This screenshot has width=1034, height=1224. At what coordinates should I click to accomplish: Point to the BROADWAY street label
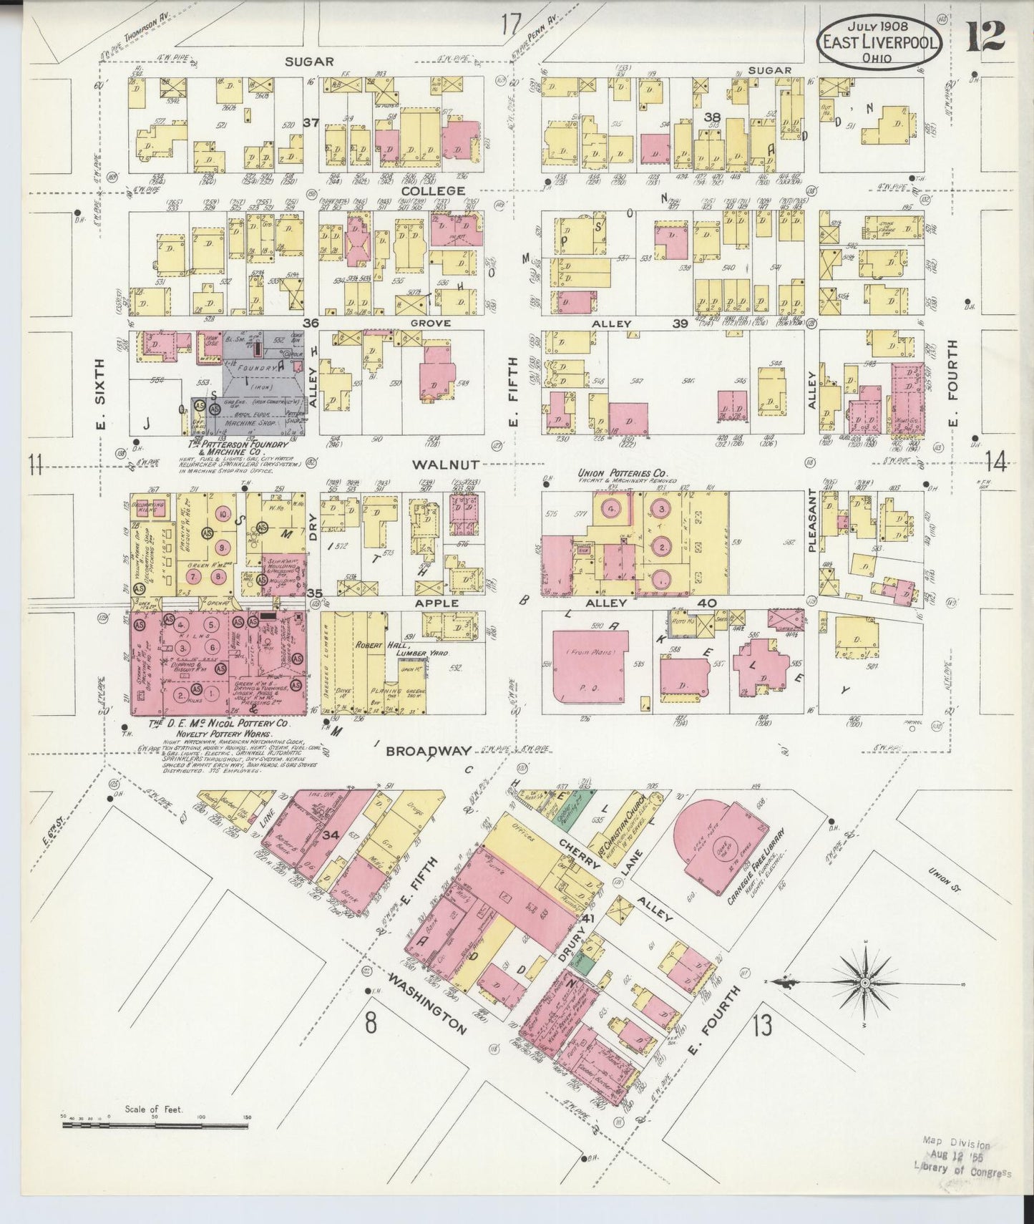[429, 751]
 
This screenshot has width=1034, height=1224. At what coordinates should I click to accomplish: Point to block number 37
[310, 122]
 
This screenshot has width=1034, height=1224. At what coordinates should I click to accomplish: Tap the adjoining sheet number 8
[370, 1023]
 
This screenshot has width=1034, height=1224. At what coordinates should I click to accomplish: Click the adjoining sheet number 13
[762, 1026]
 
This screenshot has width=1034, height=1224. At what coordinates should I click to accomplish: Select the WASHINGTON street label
[428, 1001]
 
